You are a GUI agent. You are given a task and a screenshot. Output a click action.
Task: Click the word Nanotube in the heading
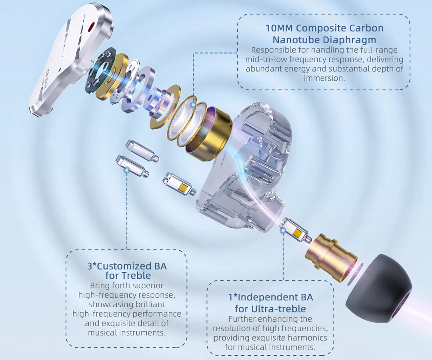[x=296, y=40]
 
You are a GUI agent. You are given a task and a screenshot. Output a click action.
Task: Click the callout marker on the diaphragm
[x=193, y=105]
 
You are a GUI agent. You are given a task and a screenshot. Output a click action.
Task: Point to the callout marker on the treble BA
[x=127, y=170]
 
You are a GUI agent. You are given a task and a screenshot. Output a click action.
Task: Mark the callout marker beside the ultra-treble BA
[x=283, y=231]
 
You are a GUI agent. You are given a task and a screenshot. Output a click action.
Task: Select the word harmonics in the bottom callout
[x=307, y=338]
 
